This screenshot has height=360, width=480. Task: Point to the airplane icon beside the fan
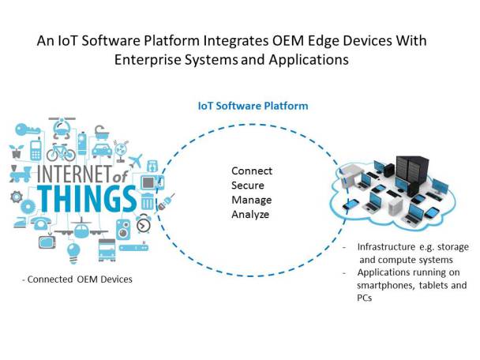(136, 161)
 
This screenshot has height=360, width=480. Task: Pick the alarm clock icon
(144, 224)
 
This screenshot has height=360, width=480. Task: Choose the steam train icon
(21, 174)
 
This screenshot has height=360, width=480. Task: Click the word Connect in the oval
(252, 171)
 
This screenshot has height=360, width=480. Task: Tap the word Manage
(251, 201)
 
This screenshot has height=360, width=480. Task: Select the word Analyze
(252, 215)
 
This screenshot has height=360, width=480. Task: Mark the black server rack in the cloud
(411, 170)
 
